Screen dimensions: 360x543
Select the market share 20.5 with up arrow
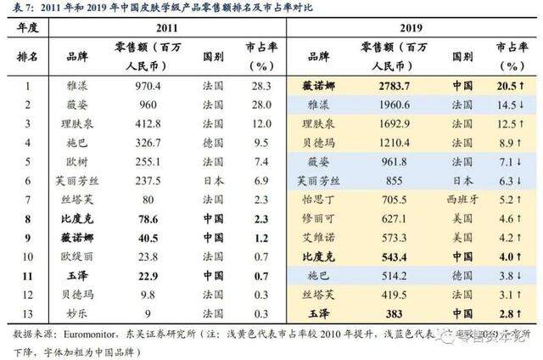point(506,85)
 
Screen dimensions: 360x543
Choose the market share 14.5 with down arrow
point(506,104)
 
